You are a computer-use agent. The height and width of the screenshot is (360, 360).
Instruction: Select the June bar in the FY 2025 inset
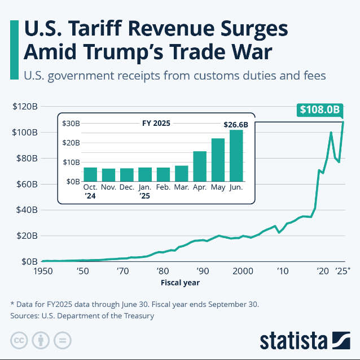[x=236, y=156]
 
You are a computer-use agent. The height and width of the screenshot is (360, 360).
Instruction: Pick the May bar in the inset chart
[x=218, y=160]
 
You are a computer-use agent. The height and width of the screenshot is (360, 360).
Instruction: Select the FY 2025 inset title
[x=155, y=122]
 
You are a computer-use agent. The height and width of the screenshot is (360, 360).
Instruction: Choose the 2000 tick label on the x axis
[x=244, y=271]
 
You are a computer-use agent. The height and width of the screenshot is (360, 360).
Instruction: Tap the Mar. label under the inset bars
[x=182, y=187]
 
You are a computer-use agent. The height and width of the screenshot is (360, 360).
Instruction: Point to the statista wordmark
[x=293, y=341]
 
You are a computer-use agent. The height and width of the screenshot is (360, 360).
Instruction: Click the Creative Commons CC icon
[x=19, y=341]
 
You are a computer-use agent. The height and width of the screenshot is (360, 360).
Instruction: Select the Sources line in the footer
[x=82, y=316]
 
